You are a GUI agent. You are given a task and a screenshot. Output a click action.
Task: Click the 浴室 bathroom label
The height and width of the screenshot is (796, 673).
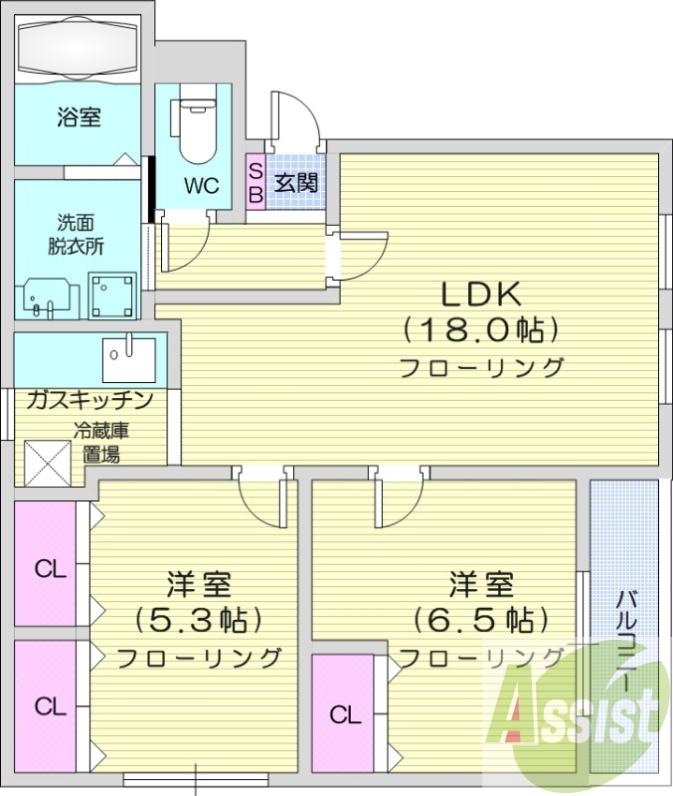pyautogui.click(x=79, y=118)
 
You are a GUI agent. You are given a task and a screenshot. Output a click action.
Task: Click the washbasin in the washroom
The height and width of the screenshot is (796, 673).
pyautogui.click(x=46, y=296)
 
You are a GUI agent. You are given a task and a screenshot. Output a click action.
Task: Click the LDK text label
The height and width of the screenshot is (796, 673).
pyautogui.click(x=481, y=294)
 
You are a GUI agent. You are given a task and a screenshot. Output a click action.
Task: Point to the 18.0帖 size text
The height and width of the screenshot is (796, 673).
pyautogui.click(x=481, y=328)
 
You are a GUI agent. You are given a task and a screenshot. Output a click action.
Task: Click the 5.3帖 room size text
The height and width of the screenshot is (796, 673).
pyautogui.click(x=199, y=620)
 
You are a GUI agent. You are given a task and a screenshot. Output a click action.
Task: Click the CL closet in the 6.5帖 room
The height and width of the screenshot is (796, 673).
pyautogui.click(x=345, y=714)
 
